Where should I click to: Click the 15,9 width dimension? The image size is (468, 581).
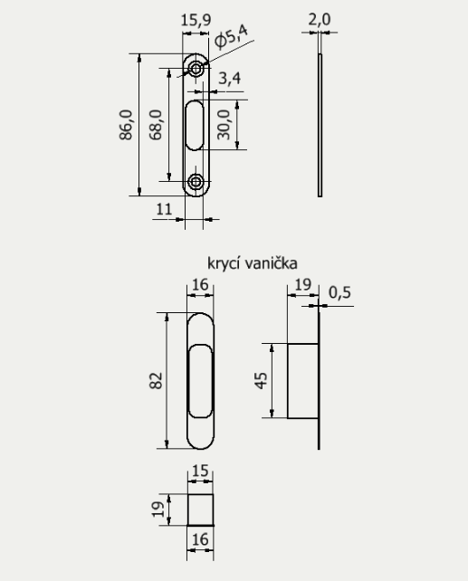pos(196,20)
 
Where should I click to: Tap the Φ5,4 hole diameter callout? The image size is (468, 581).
pos(231,36)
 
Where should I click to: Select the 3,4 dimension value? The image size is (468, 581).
pos(229,79)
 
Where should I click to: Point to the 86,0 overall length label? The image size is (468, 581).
pos(126,125)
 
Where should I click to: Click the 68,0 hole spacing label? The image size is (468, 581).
pos(156,125)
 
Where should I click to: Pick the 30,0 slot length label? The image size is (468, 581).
pos(224,125)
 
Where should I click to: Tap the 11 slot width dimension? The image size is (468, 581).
pos(164,210)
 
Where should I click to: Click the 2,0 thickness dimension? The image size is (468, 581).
pos(320,19)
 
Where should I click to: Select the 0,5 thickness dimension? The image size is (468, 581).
pos(339,292)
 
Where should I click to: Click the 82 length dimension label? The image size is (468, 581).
pos(156,380)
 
